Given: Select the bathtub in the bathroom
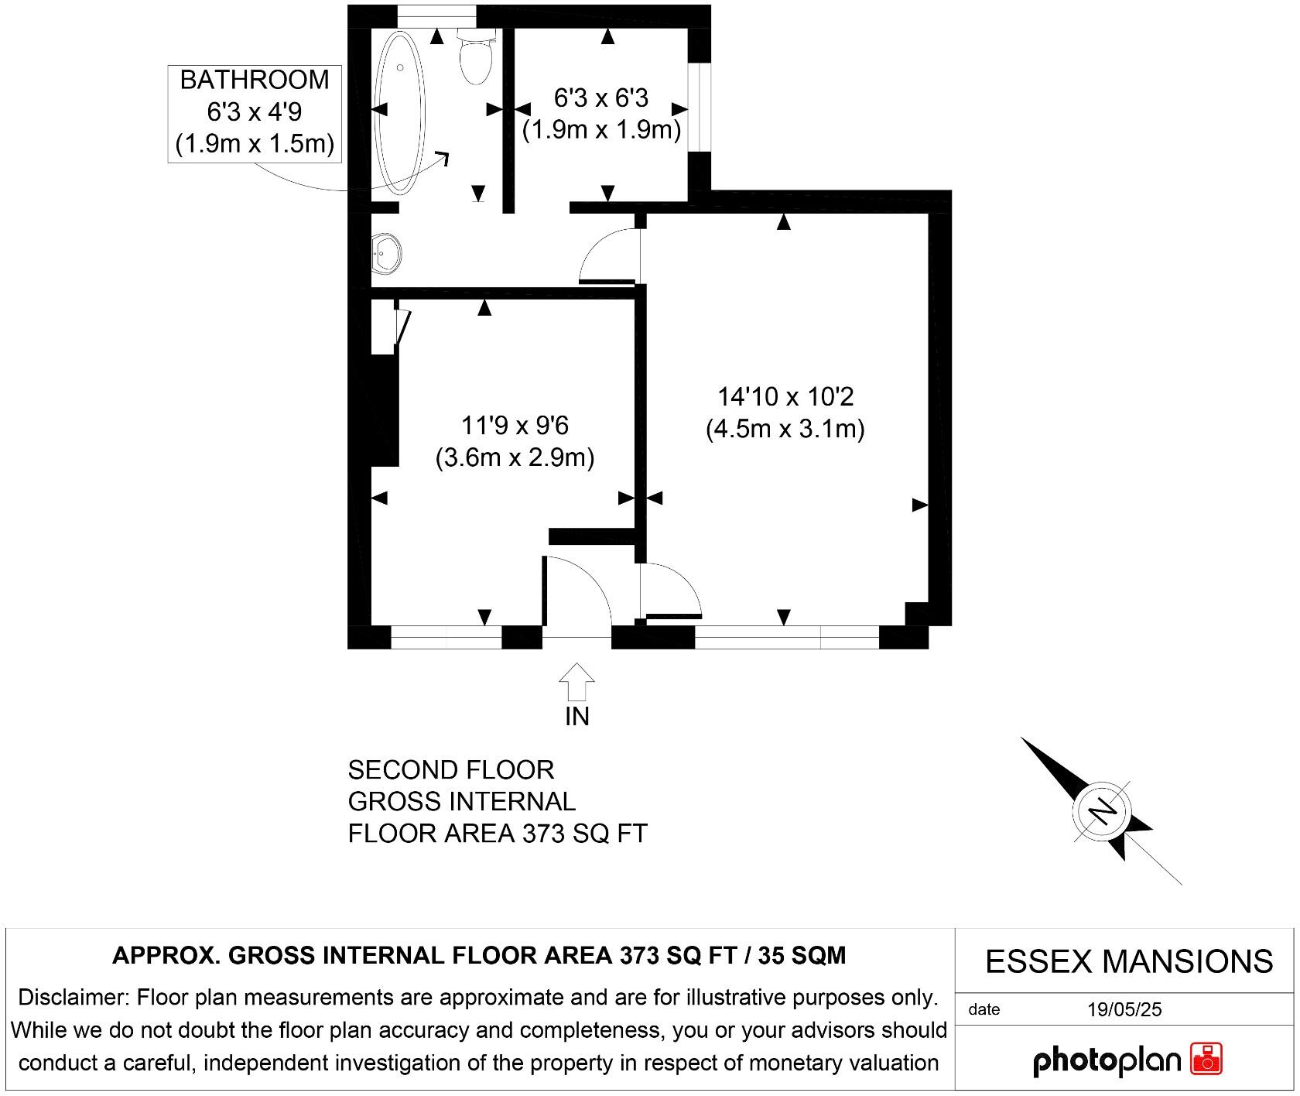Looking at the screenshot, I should coord(400,112).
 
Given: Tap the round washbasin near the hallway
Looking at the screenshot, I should coord(386,253).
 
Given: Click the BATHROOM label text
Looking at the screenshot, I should coord(255,80).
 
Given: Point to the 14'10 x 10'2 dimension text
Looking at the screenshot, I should coord(785,397).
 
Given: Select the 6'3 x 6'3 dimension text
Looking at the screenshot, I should coord(601,98).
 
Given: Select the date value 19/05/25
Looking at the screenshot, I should coord(1124,1009).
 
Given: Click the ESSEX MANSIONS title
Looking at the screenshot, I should coord(1128,961).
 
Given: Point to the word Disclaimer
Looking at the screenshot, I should coord(74,997).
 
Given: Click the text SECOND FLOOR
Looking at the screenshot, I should coord(451,770).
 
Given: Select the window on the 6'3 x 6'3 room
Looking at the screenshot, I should coord(700,108).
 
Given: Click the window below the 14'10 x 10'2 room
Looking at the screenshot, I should coord(786,638).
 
